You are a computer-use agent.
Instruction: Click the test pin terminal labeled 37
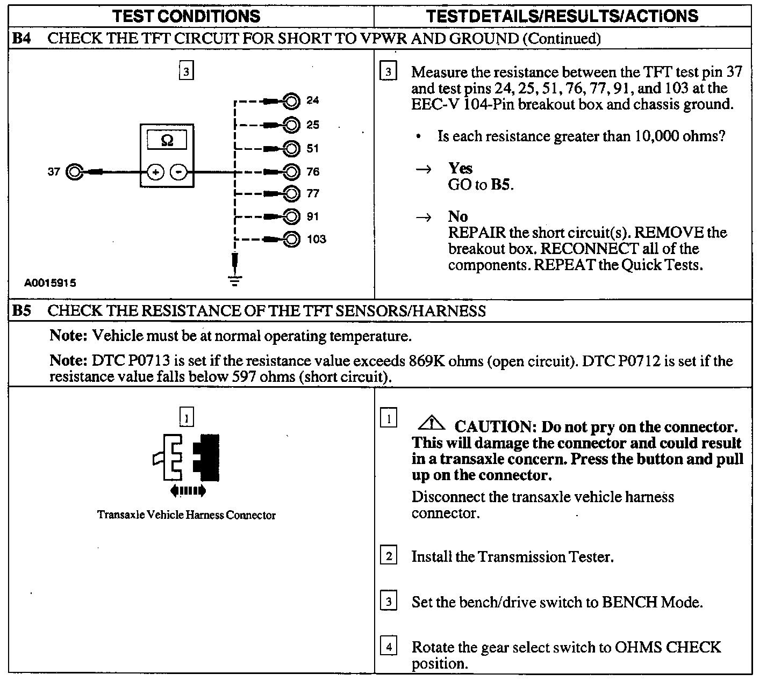(x=74, y=172)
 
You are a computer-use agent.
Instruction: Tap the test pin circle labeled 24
(x=291, y=100)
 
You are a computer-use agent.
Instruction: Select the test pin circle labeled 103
(x=291, y=239)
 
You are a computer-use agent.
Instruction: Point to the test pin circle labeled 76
(x=291, y=172)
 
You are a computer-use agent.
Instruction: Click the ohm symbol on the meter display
(x=167, y=140)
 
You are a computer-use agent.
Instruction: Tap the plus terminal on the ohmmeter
(x=155, y=172)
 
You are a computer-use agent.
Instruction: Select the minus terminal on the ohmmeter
(x=178, y=172)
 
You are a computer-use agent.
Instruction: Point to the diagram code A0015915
(x=50, y=283)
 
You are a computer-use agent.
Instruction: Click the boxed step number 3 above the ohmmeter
(x=186, y=71)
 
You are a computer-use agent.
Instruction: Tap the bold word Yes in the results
(x=460, y=168)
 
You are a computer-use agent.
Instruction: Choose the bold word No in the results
(x=458, y=216)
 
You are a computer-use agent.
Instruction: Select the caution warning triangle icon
(x=431, y=424)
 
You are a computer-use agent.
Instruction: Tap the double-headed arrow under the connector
(x=188, y=490)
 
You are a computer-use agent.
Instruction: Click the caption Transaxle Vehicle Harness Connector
(x=186, y=515)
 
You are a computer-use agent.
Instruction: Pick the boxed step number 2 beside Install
(x=389, y=555)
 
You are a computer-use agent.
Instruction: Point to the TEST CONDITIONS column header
(x=187, y=16)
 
